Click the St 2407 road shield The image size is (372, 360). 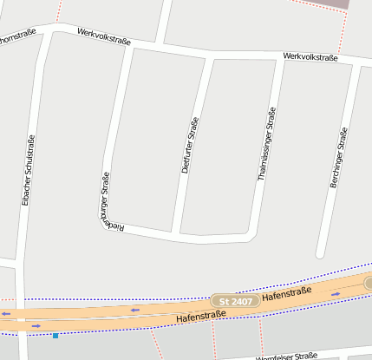tap(235, 301)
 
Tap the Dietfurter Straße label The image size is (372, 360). tap(190, 145)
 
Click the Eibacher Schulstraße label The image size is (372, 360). tap(28, 171)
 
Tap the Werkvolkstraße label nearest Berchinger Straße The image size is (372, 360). tap(310, 57)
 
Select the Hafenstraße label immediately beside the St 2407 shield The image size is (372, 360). tap(286, 296)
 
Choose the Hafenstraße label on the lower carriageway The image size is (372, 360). tap(195, 318)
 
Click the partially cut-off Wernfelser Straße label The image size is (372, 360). tap(286, 357)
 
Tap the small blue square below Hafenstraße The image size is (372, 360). tap(55, 335)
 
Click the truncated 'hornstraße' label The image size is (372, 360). tap(17, 36)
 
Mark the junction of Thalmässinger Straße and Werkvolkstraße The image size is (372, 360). tap(280, 59)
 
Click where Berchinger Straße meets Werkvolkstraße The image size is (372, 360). tap(356, 62)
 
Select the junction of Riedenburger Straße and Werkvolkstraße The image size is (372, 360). tap(130, 45)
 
